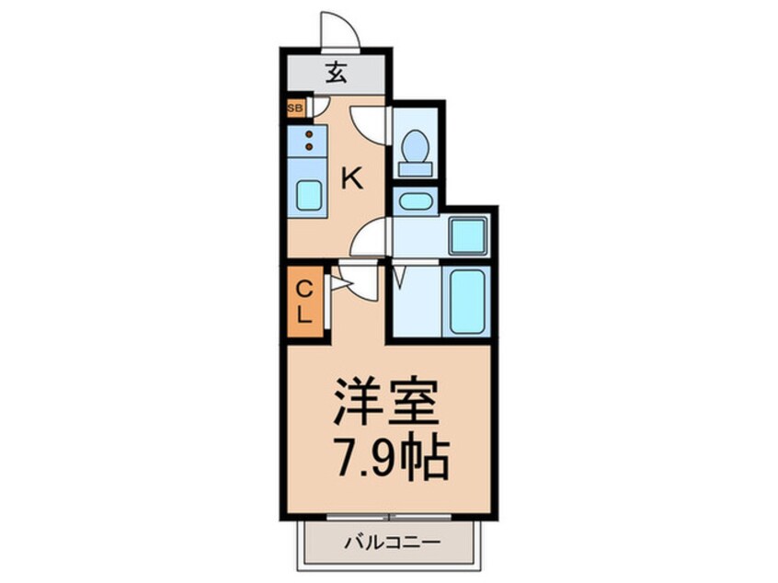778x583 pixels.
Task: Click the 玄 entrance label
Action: coord(336,74)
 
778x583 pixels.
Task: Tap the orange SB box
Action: coord(296,108)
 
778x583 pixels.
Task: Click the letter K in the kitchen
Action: coord(352,178)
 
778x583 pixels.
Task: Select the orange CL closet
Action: coord(305,302)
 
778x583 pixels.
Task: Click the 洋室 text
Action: coord(386,402)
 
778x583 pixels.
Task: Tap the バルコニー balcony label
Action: coord(393,543)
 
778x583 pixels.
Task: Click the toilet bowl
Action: coord(416,145)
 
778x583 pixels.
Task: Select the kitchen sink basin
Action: coord(309,195)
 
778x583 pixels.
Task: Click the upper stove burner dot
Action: coord(309,134)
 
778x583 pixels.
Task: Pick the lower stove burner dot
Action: coord(309,146)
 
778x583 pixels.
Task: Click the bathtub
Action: coord(467,302)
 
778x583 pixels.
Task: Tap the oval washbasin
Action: coord(416,201)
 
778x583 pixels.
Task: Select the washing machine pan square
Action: coord(468,236)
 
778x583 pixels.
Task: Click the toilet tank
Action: coord(416,169)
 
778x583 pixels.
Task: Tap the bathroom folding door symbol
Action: coord(401,277)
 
